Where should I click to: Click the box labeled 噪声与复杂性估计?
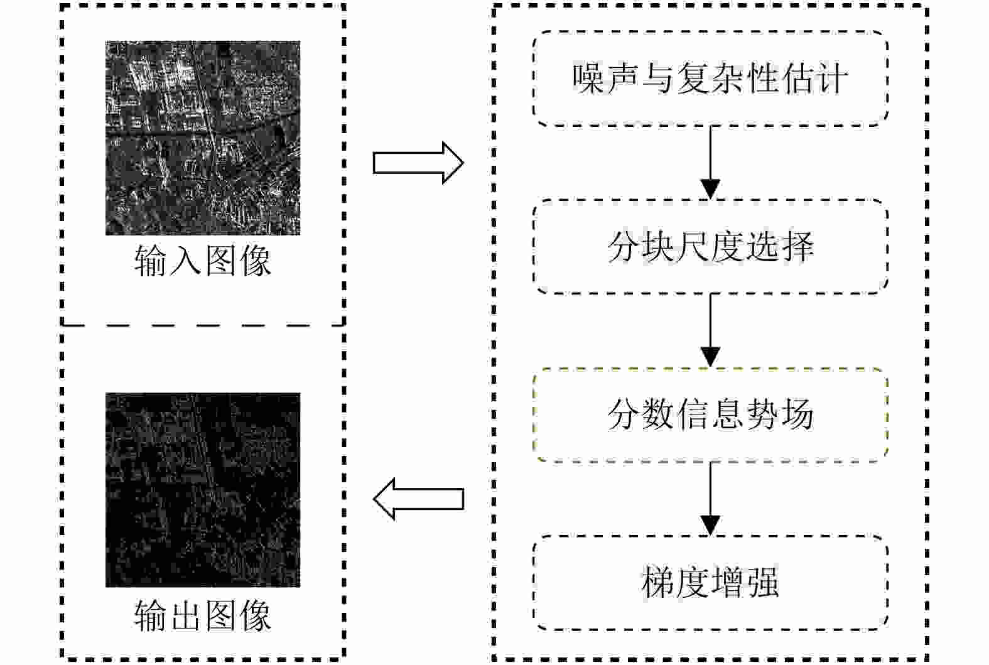coord(710,79)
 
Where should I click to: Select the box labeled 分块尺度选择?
coord(710,247)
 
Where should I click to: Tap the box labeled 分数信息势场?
coord(710,415)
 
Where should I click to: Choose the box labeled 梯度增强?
coord(710,583)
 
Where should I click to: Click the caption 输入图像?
coord(203,261)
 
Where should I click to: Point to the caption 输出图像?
coord(203,615)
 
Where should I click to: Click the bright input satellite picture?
coord(203,138)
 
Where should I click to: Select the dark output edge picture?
coord(203,490)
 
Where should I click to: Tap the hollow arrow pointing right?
coord(418,163)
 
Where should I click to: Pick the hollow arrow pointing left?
coord(418,499)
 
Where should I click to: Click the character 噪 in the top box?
coord(588,79)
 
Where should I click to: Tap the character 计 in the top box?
coord(832,79)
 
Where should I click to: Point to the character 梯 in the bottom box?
coord(659,583)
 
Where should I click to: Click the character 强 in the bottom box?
coord(762,583)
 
